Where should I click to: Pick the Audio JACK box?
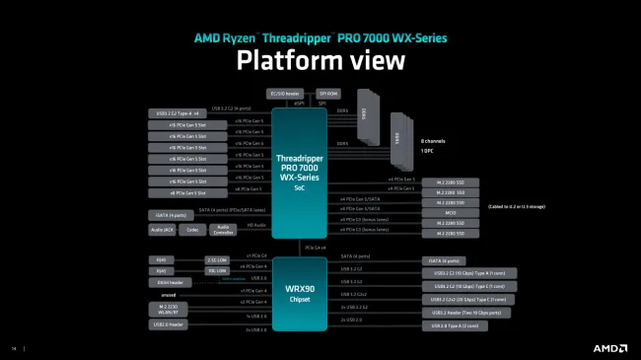coord(163,230)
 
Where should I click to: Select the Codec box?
coord(192,230)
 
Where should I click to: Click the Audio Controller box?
coord(223,230)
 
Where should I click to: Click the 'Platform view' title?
coord(320,60)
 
